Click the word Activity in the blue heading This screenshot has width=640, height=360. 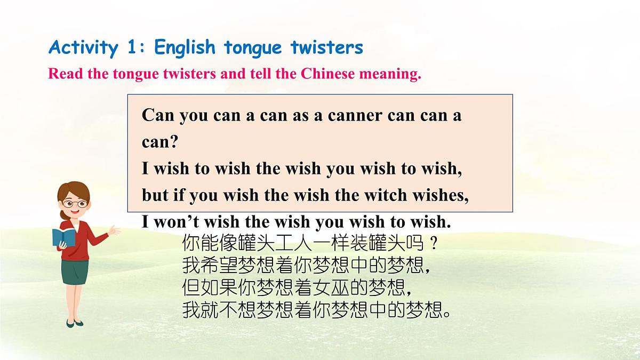tap(83, 48)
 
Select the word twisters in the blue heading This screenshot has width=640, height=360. tap(327, 48)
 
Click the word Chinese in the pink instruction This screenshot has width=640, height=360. tap(327, 74)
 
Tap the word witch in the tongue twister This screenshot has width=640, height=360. tap(383, 195)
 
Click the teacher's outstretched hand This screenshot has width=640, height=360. tap(115, 230)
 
